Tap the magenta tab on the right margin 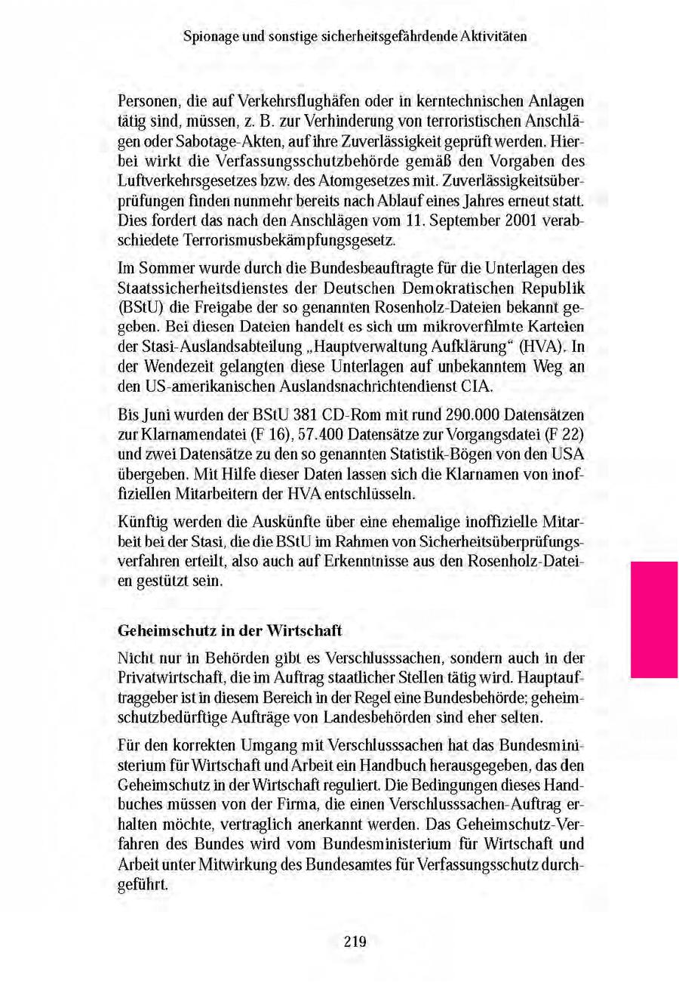point(653,619)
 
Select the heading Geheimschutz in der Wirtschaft point(231,630)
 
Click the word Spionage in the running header point(209,35)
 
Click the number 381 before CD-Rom point(309,416)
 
